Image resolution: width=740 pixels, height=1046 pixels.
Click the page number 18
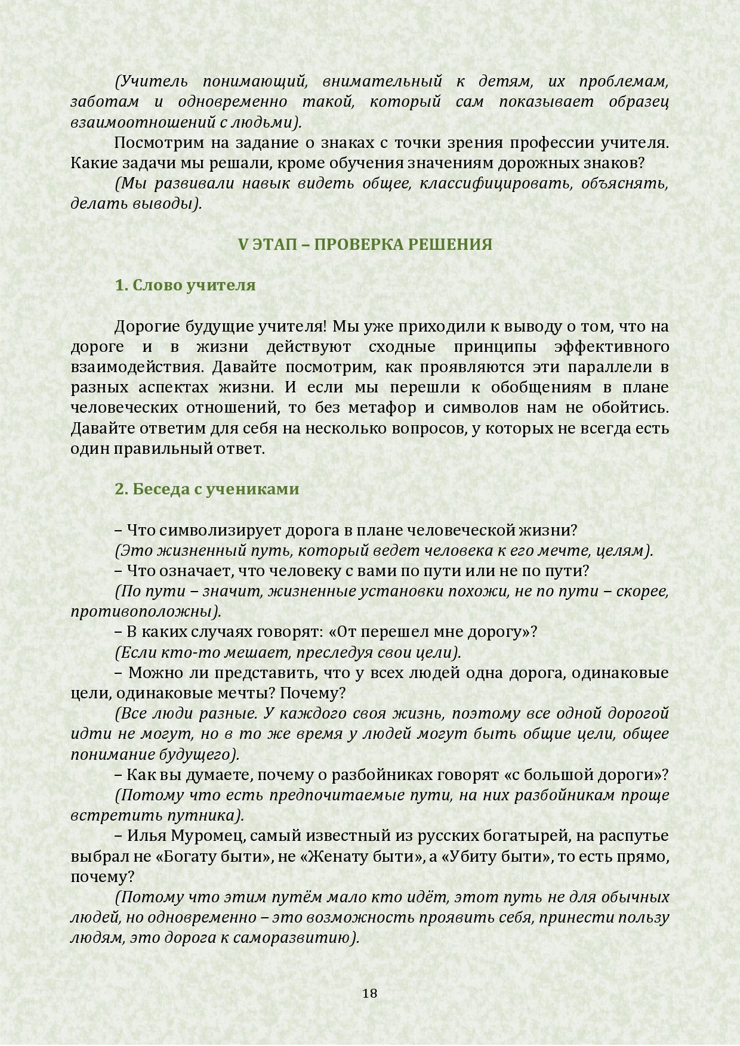[x=369, y=994]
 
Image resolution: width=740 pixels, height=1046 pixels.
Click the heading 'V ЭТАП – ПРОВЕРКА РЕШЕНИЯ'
[x=365, y=245]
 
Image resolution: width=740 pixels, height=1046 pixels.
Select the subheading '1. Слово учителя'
[x=185, y=285]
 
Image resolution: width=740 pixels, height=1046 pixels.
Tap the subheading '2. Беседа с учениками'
[x=206, y=489]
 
